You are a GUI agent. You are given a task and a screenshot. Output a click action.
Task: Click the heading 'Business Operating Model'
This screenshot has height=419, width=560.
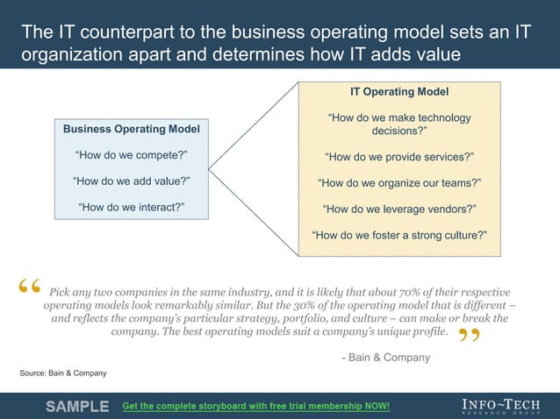point(131,129)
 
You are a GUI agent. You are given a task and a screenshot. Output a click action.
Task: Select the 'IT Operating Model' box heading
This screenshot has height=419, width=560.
point(399,91)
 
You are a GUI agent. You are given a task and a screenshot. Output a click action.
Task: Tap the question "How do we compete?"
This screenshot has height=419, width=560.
point(131,156)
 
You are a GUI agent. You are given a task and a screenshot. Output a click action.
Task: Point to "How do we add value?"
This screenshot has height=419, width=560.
point(131,181)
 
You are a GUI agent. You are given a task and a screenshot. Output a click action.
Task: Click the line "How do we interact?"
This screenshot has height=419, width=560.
point(131,208)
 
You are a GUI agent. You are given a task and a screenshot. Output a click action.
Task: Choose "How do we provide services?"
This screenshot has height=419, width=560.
point(399,157)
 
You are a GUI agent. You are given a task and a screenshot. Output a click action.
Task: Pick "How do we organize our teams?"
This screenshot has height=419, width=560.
point(399,183)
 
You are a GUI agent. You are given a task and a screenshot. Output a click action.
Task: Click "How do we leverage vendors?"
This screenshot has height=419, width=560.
point(399,209)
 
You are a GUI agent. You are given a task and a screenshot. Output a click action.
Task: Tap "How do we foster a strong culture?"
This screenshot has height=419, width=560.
point(399,235)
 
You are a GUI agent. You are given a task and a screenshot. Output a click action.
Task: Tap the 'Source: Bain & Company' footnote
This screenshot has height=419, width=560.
point(63,373)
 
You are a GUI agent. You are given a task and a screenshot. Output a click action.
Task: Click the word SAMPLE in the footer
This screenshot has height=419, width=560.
point(77,406)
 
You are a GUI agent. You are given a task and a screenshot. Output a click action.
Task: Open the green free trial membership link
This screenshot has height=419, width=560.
point(255,407)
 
